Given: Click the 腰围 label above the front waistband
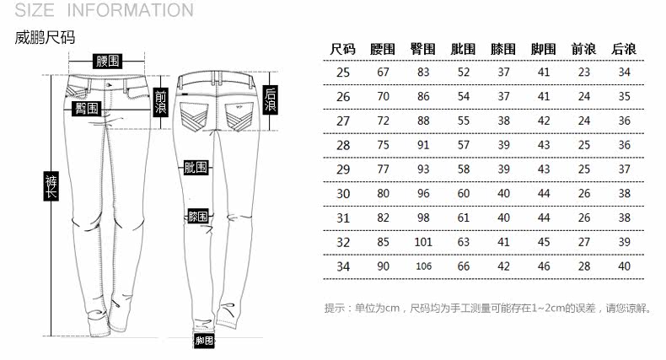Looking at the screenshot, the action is tap(108, 61).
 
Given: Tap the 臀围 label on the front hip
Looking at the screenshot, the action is tap(85, 109).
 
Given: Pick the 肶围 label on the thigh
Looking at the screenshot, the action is tap(196, 167).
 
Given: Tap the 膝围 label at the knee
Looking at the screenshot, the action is tap(198, 217).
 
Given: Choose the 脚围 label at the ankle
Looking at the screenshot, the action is tap(203, 341).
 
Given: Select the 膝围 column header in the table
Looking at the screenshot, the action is tap(503, 50).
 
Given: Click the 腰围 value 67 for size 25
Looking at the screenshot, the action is tap(384, 73).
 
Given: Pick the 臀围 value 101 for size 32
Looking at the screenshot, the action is tap(423, 242).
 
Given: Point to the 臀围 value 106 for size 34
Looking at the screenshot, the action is tap(423, 266).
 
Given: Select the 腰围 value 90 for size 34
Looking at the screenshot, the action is tap(384, 266).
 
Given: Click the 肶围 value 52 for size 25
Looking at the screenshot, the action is tap(464, 73).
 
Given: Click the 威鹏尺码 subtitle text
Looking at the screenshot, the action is tap(46, 38).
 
